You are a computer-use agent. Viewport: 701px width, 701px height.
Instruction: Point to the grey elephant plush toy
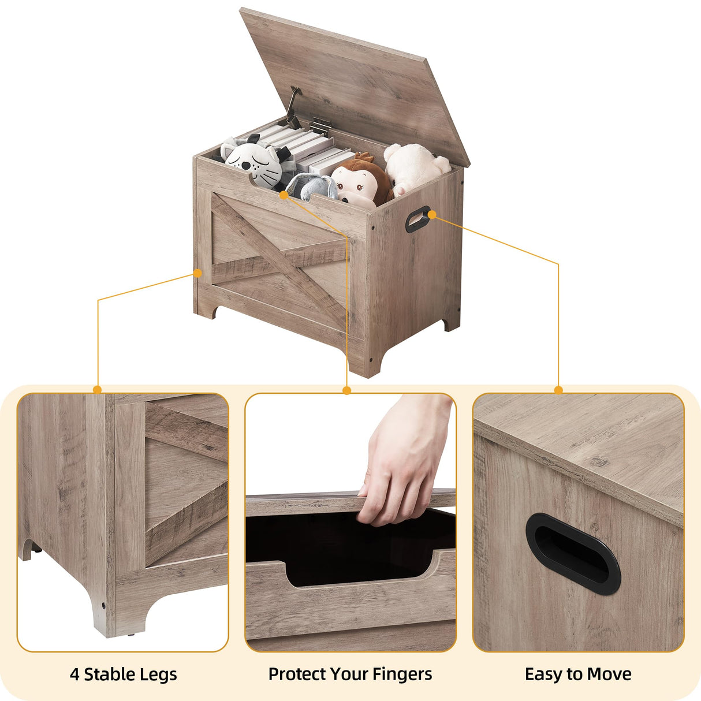[x=312, y=187]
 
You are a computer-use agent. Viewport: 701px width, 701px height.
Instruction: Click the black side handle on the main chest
[x=417, y=219]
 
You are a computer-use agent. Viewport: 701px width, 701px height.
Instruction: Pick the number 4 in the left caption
[x=74, y=674]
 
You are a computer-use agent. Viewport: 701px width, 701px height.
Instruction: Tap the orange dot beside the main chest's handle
[x=432, y=214]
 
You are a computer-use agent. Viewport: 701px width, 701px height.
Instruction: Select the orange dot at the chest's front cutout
[x=284, y=195]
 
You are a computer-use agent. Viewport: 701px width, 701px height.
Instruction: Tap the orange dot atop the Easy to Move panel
[x=558, y=390]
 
